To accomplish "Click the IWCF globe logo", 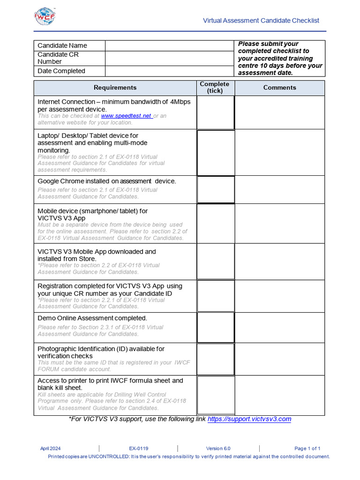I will click(x=45, y=16).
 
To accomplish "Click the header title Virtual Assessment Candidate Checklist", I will click(x=261, y=21).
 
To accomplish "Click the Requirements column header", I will click(x=115, y=88).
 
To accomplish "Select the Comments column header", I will click(x=279, y=88).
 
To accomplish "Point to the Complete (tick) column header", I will click(x=215, y=88).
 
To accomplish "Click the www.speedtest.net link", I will click(x=126, y=116).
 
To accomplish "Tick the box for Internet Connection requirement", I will click(x=215, y=112).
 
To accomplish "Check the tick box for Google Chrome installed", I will click(x=215, y=190).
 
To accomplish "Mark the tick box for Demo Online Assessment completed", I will click(x=215, y=327).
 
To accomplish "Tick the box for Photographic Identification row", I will click(x=215, y=359).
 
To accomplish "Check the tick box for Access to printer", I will click(x=215, y=395).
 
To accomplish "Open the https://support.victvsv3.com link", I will click(x=249, y=419).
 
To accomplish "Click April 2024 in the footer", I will click(x=51, y=449).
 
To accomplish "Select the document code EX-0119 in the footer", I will click(x=139, y=449).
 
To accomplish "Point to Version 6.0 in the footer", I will click(x=218, y=449).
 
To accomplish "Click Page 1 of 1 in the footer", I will click(x=307, y=449).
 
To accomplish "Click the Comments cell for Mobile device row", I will click(x=279, y=224).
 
